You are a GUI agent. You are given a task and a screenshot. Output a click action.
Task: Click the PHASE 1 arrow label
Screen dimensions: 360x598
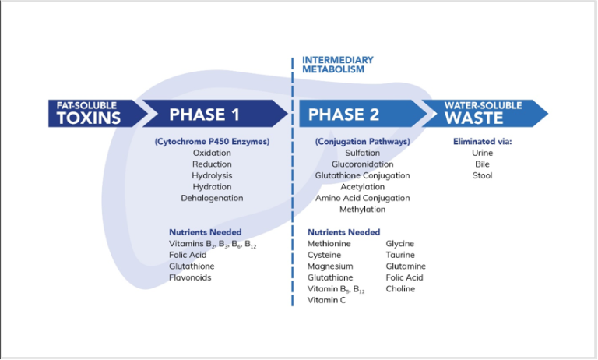(x=205, y=115)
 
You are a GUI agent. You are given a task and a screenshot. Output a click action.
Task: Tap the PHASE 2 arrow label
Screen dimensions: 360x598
(x=344, y=115)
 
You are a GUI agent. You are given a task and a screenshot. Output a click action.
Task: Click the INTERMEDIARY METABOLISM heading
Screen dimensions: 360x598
(x=338, y=65)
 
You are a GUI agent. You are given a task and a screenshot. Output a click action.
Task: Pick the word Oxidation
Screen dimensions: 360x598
(x=212, y=154)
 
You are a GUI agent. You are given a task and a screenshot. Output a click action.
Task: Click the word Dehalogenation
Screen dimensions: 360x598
(x=212, y=198)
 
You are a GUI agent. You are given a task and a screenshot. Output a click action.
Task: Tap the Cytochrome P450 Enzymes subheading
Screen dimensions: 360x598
(x=212, y=142)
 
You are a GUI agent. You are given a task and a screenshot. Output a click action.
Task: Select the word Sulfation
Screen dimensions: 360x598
(x=362, y=154)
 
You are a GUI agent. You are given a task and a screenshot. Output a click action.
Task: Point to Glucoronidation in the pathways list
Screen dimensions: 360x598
(x=362, y=164)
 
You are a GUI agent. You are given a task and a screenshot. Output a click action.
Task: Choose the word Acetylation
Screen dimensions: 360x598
(x=362, y=187)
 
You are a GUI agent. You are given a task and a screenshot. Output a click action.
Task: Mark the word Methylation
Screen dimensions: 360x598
(x=362, y=210)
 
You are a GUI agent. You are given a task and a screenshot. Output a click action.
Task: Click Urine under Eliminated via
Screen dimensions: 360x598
(x=482, y=154)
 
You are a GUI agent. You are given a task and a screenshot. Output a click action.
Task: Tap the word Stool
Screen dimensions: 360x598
(x=482, y=175)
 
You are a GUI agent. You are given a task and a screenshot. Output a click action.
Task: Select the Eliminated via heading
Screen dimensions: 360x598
(x=482, y=142)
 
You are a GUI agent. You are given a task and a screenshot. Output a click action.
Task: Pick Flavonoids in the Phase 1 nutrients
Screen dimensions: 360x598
(x=190, y=277)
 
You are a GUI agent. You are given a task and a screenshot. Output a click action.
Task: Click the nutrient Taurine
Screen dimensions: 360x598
(x=400, y=255)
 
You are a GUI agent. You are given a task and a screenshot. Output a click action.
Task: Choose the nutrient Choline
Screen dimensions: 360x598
(x=400, y=289)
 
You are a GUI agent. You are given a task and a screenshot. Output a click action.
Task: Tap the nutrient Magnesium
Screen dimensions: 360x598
(x=330, y=266)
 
